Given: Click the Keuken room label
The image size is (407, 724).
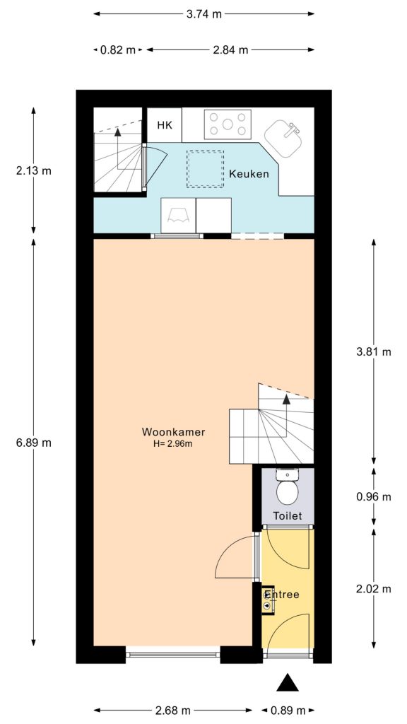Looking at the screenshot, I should tap(249, 174).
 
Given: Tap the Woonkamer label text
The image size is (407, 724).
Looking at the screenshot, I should tap(173, 432).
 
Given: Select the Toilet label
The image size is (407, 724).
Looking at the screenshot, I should tap(288, 516).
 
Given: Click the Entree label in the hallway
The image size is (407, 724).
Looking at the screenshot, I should tap(282, 595).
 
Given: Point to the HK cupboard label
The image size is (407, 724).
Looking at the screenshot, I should tap(165, 126).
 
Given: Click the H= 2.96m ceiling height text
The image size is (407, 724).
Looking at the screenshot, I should tap(173, 444).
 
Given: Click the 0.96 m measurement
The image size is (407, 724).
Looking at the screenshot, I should tap(374, 496).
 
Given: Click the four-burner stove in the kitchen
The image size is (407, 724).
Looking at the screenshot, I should tap(228, 124).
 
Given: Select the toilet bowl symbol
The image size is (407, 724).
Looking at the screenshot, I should tap(288, 489).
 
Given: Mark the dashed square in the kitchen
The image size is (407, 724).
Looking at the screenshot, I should tap(205, 168).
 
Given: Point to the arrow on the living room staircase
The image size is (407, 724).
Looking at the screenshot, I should tap(287, 400).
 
